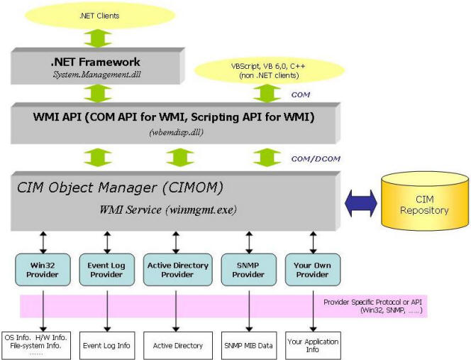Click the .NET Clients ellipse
(99, 16)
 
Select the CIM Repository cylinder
(424, 201)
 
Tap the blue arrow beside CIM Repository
(360, 203)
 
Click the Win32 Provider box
(43, 270)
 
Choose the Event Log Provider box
(106, 270)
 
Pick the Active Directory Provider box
(177, 270)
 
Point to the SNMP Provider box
(249, 270)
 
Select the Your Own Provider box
(313, 270)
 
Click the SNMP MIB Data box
(249, 346)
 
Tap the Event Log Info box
(106, 346)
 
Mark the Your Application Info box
(313, 346)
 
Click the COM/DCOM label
(316, 158)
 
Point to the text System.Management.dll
(96, 75)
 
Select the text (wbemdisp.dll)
(176, 132)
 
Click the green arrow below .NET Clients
(98, 38)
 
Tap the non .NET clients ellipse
(269, 70)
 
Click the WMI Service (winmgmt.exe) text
(168, 209)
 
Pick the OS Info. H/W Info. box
(36, 346)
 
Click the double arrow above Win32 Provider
(43, 242)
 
